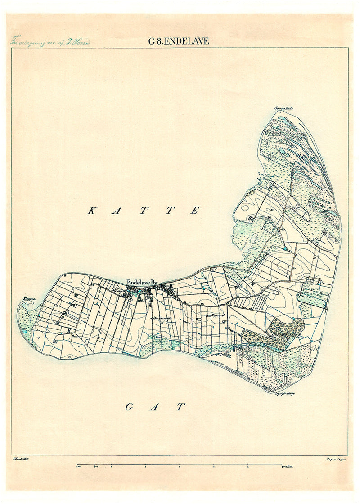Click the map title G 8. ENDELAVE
click(179, 41)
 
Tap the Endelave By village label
click(142, 283)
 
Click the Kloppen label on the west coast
click(29, 298)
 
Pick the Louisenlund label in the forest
click(281, 335)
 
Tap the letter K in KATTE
click(91, 211)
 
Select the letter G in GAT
click(129, 407)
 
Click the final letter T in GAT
click(180, 407)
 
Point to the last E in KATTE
click(194, 211)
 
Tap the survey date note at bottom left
click(27, 459)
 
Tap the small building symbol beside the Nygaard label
click(208, 316)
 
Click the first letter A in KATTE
click(117, 211)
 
